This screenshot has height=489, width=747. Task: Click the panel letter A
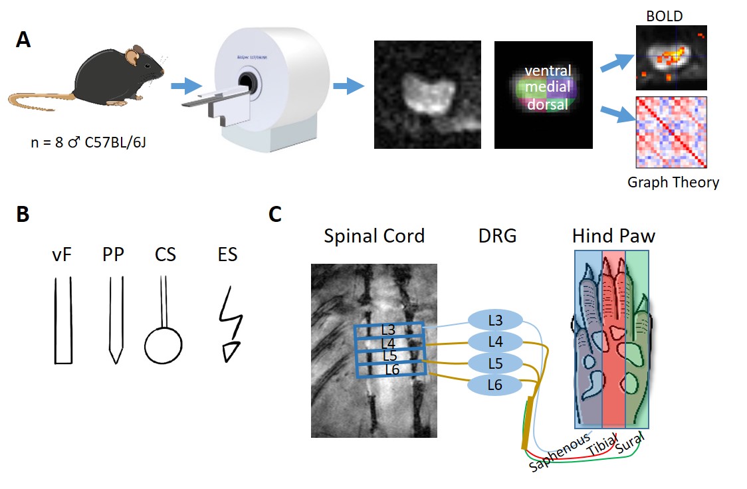tap(23, 40)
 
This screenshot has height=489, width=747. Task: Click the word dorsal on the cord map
tap(547, 104)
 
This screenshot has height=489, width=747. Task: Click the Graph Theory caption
tap(673, 181)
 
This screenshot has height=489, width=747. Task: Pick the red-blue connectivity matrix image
tap(671, 133)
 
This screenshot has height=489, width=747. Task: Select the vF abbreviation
tap(62, 254)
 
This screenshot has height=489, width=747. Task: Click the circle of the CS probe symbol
tap(163, 345)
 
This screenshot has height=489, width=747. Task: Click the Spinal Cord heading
tap(374, 236)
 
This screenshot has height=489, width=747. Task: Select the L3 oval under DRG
tap(496, 320)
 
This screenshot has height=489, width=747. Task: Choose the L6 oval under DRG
tap(496, 385)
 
